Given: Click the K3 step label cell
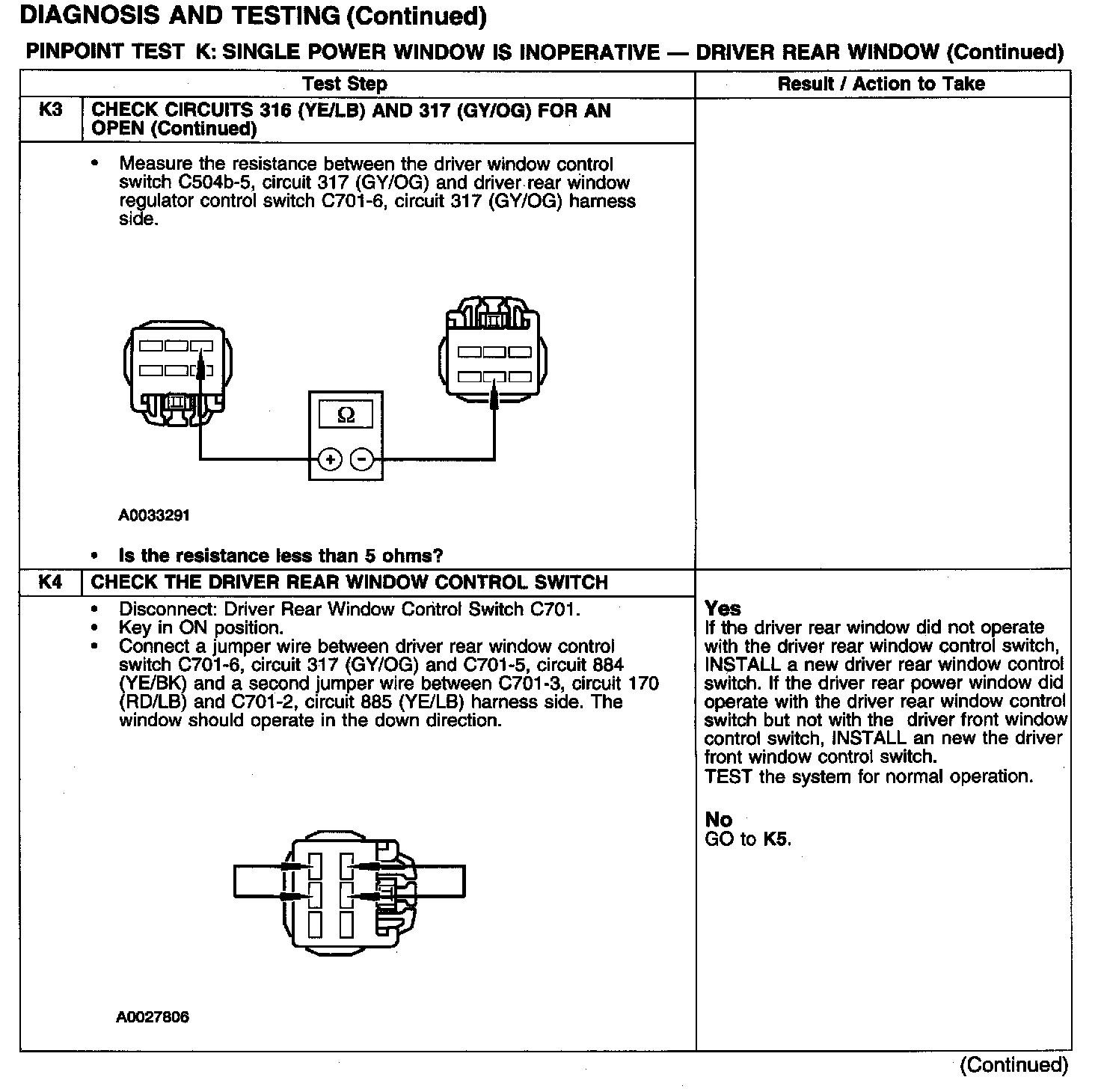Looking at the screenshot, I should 50,111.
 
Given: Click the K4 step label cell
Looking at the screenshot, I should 50,583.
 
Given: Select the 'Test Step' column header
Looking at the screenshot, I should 345,84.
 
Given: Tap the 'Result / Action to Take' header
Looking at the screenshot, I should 881,84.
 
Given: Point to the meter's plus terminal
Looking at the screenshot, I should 330,459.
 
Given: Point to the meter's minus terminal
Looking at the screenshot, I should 362,459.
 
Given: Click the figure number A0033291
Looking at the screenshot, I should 154,515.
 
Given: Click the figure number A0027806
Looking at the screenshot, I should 153,1017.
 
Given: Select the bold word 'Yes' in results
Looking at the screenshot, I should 723,609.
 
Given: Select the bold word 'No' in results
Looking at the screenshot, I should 718,820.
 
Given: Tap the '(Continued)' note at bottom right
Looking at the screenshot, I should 1013,1064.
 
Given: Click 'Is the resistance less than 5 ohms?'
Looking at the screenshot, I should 280,556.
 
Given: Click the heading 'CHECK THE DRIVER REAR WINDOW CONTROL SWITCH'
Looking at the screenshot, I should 349,583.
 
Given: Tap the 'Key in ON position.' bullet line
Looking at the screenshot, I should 200,628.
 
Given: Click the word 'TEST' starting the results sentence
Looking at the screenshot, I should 729,776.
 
